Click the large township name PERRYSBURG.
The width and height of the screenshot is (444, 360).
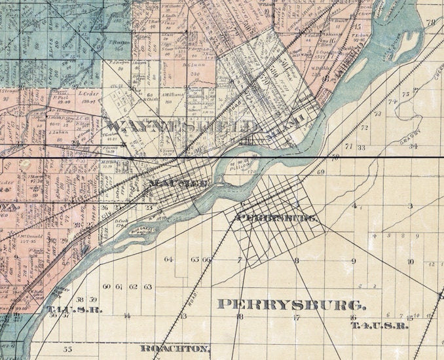pyautogui.click(x=291, y=304)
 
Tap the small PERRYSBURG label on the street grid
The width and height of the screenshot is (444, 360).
pyautogui.click(x=278, y=217)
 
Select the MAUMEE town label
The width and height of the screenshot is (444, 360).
pyautogui.click(x=180, y=184)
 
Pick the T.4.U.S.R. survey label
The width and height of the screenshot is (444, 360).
pyautogui.click(x=379, y=325)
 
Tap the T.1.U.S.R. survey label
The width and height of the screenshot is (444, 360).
pyautogui.click(x=75, y=309)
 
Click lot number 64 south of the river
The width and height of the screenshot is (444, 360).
pyautogui.click(x=169, y=259)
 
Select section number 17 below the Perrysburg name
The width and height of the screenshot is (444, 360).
pyautogui.click(x=297, y=317)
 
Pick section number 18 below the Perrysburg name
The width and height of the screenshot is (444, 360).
pyautogui.click(x=240, y=317)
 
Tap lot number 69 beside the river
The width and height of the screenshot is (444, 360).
pyautogui.click(x=321, y=172)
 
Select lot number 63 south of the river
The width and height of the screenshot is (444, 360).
pyautogui.click(x=147, y=287)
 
